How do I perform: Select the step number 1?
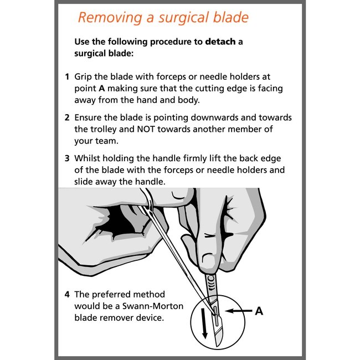point(67,76)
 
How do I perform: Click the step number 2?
point(67,118)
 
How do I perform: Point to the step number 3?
point(67,158)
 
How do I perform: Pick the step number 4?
point(67,294)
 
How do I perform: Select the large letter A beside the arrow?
point(258,311)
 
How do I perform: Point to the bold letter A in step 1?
point(102,88)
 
